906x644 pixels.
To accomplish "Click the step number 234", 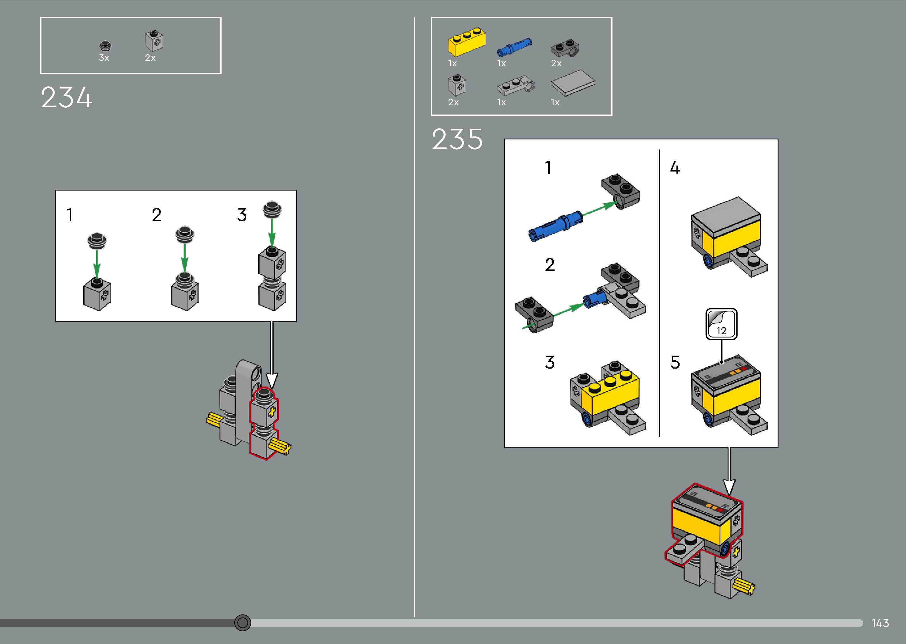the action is pyautogui.click(x=67, y=98).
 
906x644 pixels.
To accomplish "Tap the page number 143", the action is pyautogui.click(x=880, y=623).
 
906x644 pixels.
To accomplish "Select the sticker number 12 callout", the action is pyautogui.click(x=721, y=324).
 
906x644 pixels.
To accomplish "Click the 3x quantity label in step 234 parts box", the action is pyautogui.click(x=104, y=58).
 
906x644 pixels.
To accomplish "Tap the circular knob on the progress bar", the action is pyautogui.click(x=242, y=623).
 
